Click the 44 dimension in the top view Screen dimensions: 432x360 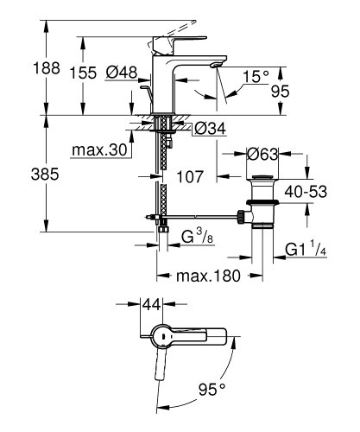coord(152,305)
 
